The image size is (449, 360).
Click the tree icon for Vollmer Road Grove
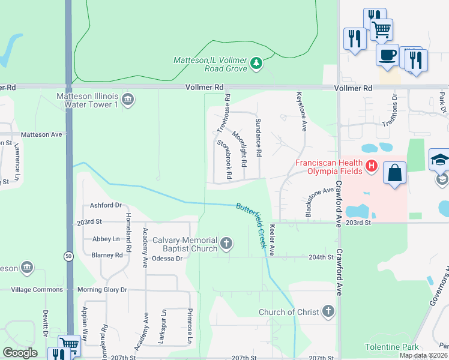257,63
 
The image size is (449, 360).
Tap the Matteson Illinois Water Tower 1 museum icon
127,100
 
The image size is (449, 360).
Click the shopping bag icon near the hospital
396,174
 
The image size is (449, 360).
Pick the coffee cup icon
387,55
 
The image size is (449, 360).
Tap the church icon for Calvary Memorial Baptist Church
226,243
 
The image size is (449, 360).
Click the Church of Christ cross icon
328,311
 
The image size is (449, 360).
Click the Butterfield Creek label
252,224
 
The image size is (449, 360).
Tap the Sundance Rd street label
258,137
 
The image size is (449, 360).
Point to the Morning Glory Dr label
102,290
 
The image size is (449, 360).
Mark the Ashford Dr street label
106,205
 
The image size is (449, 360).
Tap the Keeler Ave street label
273,240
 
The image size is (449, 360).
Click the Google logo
20,353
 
